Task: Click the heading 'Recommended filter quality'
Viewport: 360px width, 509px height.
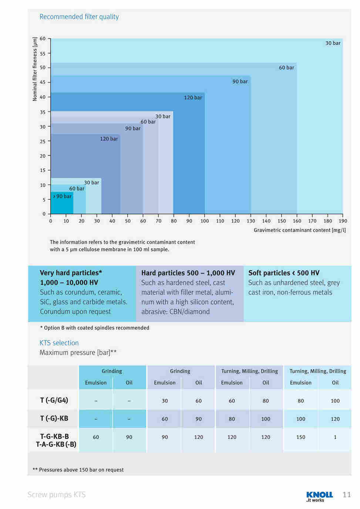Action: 79,17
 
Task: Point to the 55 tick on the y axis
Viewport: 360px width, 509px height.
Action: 43,54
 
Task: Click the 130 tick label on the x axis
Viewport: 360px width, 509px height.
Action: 251,221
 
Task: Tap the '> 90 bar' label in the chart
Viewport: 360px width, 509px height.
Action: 63,196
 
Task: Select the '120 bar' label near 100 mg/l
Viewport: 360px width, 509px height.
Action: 193,98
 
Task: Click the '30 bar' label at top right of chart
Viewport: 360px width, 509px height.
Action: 333,43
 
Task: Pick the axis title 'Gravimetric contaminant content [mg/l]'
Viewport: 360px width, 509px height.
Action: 300,230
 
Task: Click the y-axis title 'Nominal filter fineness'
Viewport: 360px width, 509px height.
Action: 35,69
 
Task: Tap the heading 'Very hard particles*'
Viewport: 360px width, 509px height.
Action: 71,273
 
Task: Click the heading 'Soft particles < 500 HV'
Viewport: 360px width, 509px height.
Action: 284,273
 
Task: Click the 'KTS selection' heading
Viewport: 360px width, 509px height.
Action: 59,343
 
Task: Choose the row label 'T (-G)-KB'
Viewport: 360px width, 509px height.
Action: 54,418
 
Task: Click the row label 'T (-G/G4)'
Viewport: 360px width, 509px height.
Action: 54,400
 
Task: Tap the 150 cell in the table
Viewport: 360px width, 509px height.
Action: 301,437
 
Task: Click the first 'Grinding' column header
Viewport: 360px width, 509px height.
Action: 112,371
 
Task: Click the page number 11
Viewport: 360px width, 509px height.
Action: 347,495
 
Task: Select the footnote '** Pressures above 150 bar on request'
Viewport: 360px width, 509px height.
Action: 78,470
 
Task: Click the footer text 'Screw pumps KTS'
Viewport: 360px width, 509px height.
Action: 56,495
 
